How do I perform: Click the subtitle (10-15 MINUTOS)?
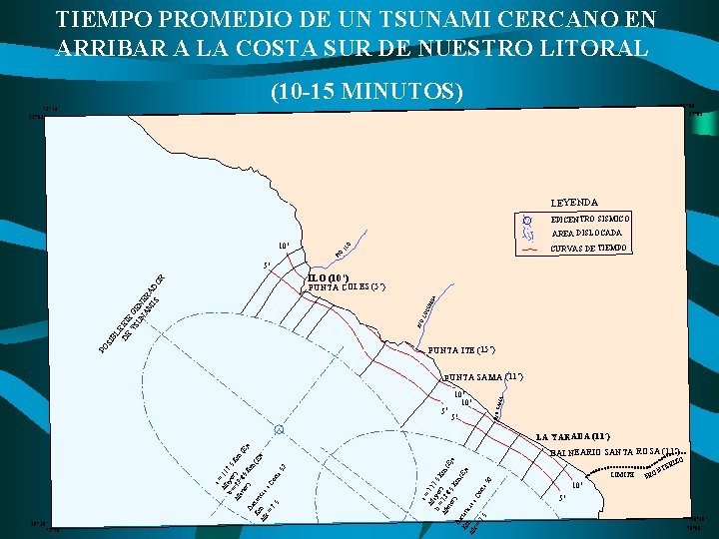click(x=366, y=92)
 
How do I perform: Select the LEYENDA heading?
click(x=572, y=202)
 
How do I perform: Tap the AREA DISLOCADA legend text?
click(x=586, y=233)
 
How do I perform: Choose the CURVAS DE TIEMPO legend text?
click(x=591, y=248)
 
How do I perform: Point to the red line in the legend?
click(x=529, y=249)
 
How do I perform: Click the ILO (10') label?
click(x=329, y=278)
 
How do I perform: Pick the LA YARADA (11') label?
click(x=573, y=436)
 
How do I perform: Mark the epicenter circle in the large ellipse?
click(x=280, y=429)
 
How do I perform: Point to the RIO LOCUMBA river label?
click(x=428, y=308)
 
